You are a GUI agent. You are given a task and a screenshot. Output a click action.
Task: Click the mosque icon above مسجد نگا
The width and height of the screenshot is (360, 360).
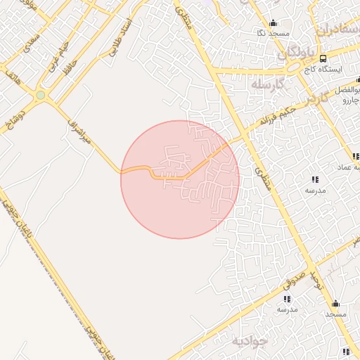coord(273,22)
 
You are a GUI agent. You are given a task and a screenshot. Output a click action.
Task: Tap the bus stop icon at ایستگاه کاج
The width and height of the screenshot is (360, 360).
coord(322,58)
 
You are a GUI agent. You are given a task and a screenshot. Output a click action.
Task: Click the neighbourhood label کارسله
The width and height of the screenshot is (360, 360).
coord(267,84)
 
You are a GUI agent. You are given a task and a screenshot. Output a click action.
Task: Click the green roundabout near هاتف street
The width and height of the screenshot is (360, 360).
coord(41,95)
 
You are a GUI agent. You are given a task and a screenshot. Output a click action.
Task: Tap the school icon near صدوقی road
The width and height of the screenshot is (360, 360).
coord(288,299)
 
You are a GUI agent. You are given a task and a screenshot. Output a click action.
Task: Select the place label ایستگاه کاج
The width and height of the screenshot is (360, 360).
coord(345,70)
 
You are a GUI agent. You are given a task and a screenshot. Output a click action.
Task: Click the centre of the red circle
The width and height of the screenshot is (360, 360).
coord(180,179)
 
